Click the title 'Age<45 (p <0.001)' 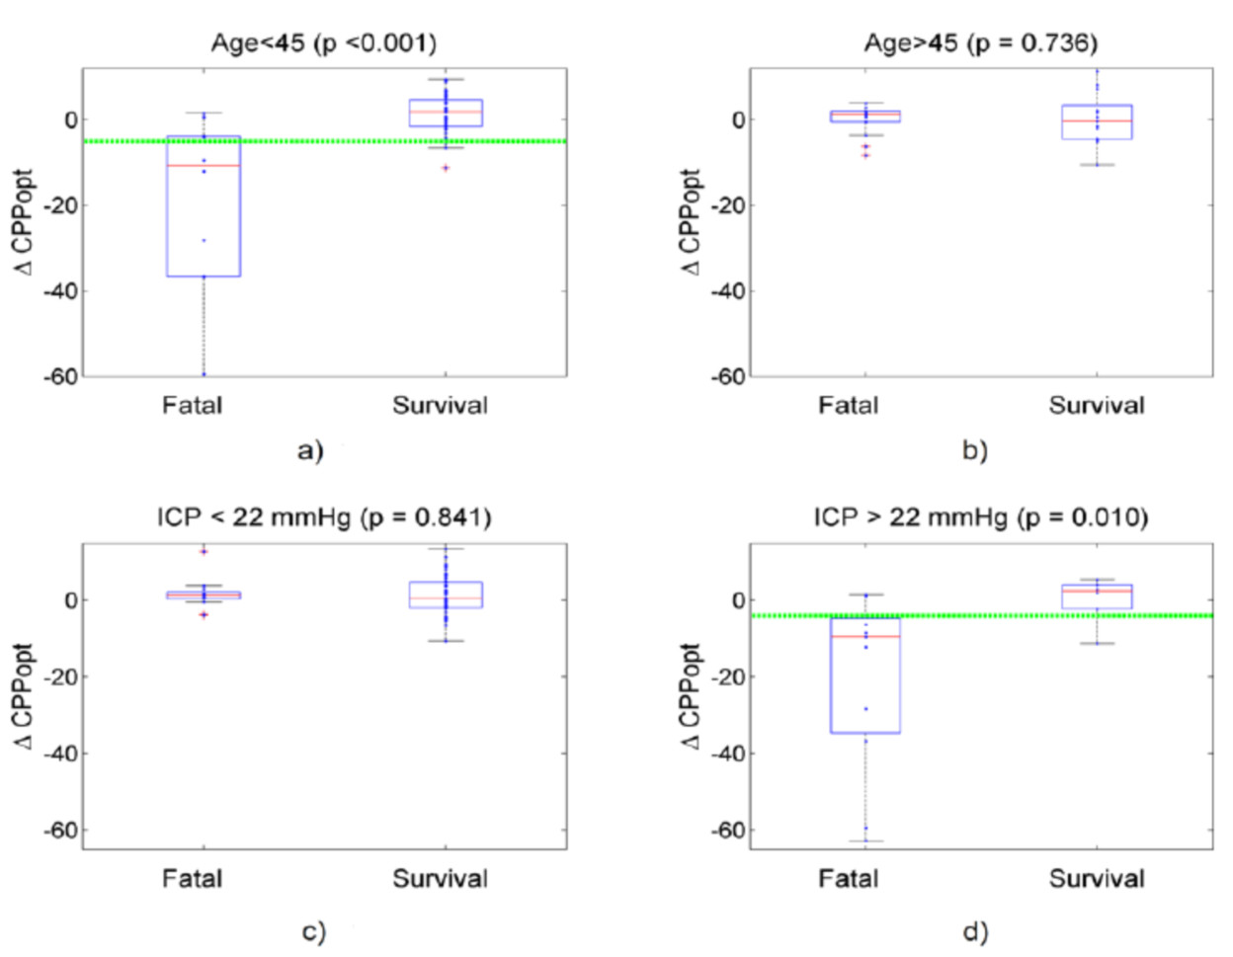[x=323, y=42]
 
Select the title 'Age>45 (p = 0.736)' [x=980, y=42]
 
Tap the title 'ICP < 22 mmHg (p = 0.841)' [x=323, y=517]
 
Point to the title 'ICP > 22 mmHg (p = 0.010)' [x=980, y=517]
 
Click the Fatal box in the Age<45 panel [x=204, y=217]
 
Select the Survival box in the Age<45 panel [x=446, y=113]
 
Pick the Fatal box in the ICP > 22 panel [x=865, y=681]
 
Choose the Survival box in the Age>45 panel [x=1097, y=121]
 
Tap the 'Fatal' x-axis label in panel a [x=192, y=405]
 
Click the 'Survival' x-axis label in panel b [x=1097, y=405]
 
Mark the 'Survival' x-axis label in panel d [x=1097, y=878]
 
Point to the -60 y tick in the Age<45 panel [x=60, y=376]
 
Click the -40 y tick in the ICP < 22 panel [x=60, y=754]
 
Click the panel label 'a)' [x=310, y=450]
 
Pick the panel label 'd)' [x=975, y=930]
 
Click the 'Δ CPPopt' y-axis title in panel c [x=25, y=696]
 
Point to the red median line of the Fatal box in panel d [x=865, y=637]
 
